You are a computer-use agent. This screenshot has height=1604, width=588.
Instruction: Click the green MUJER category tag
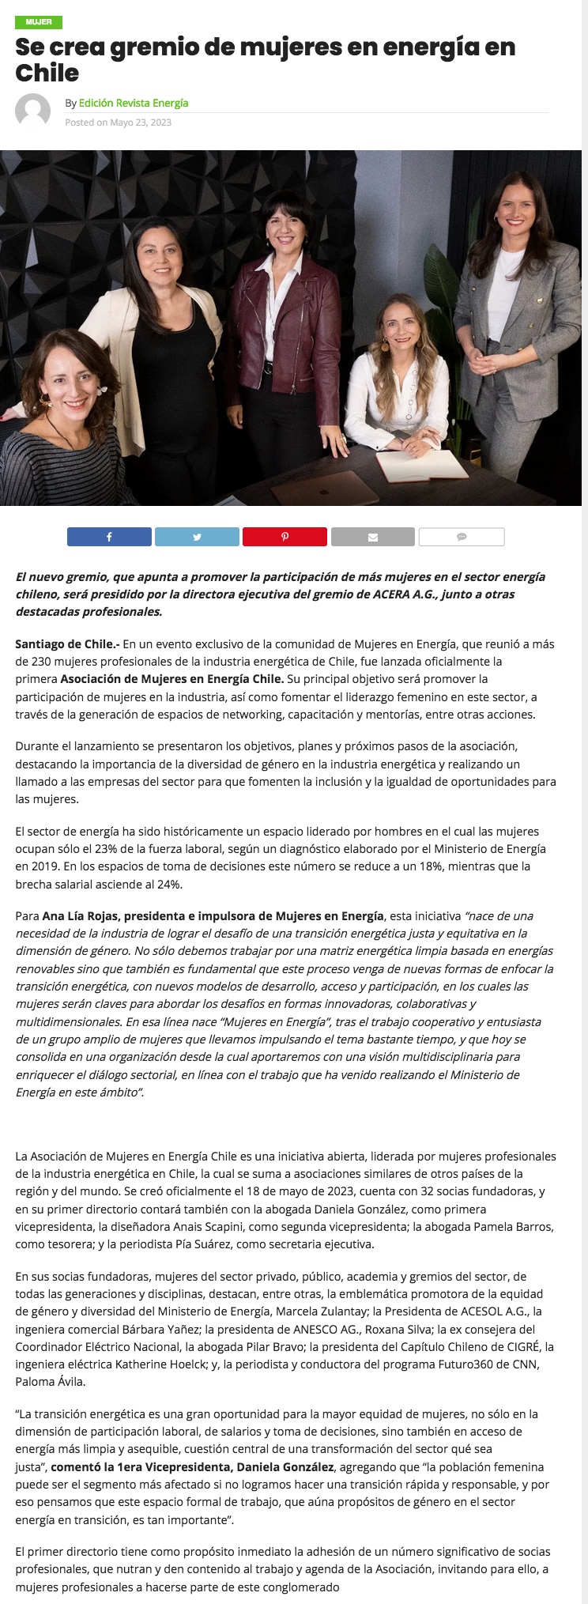click(38, 22)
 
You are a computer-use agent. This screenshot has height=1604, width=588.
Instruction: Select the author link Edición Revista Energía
click(134, 103)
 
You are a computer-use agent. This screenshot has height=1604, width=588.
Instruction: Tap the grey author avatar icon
click(33, 111)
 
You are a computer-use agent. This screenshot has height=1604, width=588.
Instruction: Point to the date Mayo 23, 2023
click(141, 123)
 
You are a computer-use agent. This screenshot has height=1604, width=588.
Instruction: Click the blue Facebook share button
click(109, 537)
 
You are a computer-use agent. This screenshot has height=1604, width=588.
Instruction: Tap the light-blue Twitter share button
click(197, 537)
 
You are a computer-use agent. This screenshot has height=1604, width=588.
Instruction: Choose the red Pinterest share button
click(285, 537)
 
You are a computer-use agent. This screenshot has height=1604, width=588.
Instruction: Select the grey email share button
click(372, 537)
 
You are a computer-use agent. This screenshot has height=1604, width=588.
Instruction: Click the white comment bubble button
click(462, 537)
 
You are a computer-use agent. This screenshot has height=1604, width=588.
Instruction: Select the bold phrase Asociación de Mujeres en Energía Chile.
click(171, 678)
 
